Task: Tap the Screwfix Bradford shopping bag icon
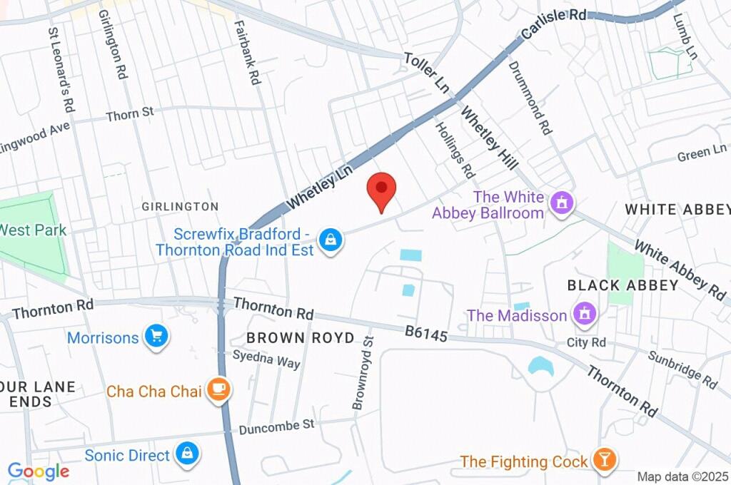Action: (x=331, y=240)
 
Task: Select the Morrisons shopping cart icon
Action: (x=156, y=337)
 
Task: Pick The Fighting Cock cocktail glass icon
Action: (x=603, y=461)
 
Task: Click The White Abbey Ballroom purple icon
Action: (x=563, y=204)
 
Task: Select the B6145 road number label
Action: (x=426, y=333)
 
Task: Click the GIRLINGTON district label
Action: (x=180, y=207)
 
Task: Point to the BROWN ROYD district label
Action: (x=300, y=337)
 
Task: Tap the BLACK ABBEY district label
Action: (x=622, y=285)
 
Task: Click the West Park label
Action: (x=33, y=230)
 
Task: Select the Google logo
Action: (x=38, y=471)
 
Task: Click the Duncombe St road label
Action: (x=276, y=427)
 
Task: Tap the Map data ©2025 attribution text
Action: (x=682, y=476)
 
